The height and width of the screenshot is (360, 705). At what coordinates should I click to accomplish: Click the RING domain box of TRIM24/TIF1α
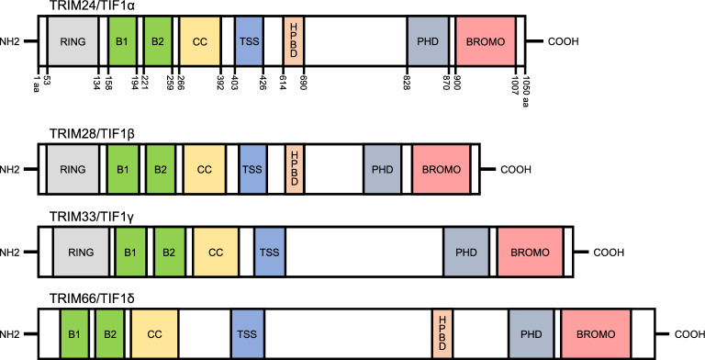73,41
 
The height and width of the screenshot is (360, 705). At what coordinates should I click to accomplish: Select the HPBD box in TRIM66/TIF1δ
442,334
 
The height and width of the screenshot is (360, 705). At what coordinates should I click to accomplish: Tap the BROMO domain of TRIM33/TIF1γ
530,252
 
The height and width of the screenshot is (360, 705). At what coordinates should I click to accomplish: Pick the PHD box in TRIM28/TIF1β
382,169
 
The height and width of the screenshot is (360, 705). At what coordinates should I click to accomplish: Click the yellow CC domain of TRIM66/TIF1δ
154,334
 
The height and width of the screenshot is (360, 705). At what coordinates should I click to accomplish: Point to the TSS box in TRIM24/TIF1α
249,41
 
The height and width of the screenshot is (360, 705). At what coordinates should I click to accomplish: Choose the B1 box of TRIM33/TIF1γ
130,252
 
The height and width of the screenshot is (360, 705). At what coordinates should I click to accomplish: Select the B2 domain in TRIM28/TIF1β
161,169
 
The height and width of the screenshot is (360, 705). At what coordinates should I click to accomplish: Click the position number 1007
515,81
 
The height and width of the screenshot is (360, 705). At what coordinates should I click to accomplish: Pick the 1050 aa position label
525,89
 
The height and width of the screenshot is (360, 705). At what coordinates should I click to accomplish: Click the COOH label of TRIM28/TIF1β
516,170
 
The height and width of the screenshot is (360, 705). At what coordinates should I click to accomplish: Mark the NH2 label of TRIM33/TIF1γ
10,253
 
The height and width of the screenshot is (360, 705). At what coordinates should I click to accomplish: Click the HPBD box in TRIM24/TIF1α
294,41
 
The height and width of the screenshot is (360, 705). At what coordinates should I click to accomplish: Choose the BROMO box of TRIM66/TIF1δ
596,334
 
